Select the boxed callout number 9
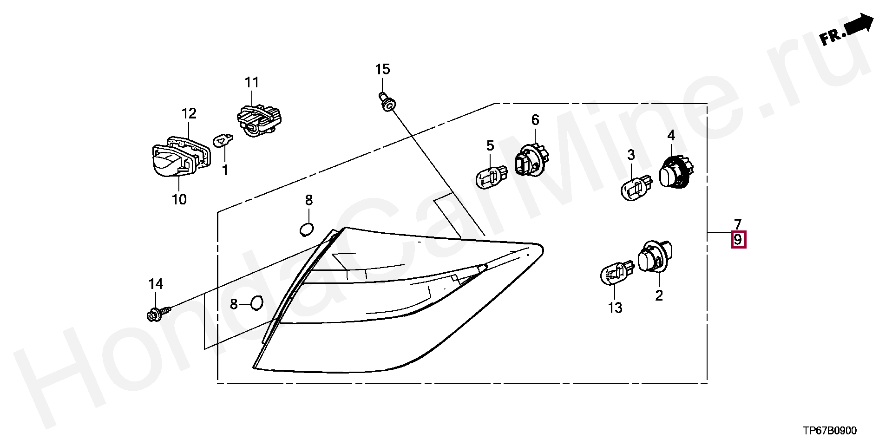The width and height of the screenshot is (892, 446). tap(738, 240)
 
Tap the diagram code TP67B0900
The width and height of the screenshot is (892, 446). tap(830, 431)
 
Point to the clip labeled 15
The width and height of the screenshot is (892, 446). tap(387, 102)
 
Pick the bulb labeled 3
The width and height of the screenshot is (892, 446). tap(636, 187)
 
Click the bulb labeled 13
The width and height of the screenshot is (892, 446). tap(617, 274)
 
